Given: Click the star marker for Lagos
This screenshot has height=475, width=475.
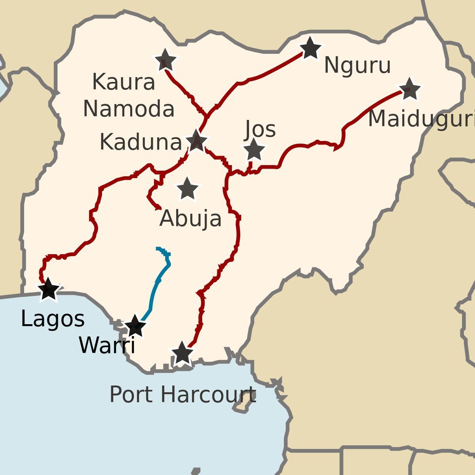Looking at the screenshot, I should [x=49, y=289].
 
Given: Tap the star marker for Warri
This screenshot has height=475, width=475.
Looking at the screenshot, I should [x=135, y=326].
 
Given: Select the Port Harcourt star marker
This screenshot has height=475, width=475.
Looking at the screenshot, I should [x=182, y=353].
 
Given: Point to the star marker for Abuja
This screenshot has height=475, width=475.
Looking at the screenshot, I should [x=187, y=189].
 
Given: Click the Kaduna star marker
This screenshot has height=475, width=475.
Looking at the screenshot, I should [x=196, y=141].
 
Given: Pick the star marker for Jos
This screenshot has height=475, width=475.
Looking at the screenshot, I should [x=254, y=150].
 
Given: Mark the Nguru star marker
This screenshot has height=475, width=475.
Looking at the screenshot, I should [x=310, y=49].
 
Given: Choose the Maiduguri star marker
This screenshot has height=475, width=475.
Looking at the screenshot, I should [x=409, y=89].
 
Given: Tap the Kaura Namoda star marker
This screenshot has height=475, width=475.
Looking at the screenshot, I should [x=165, y=61].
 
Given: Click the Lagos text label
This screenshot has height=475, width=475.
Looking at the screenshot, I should [x=53, y=319].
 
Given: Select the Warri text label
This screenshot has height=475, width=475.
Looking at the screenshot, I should [x=107, y=346].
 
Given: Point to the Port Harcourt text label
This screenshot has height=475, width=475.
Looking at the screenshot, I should [x=182, y=395].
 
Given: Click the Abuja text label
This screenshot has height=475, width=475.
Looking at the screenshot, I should [x=190, y=218].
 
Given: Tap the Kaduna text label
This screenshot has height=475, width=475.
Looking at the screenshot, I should [x=141, y=142].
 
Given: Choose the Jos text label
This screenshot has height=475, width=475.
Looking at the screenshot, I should [x=260, y=129].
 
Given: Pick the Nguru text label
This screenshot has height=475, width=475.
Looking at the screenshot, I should [x=357, y=65].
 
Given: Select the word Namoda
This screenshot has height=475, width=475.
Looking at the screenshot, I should [x=129, y=109].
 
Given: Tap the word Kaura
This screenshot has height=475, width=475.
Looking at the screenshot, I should [x=123, y=82].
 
